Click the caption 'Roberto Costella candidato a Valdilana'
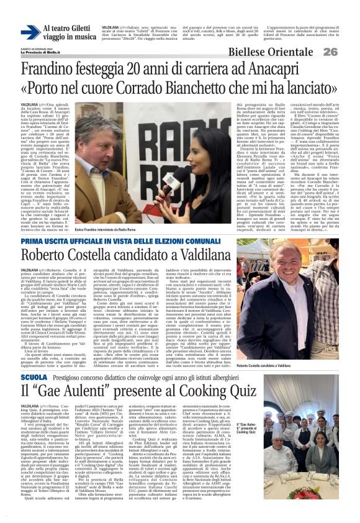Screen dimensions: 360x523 (290, 366)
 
